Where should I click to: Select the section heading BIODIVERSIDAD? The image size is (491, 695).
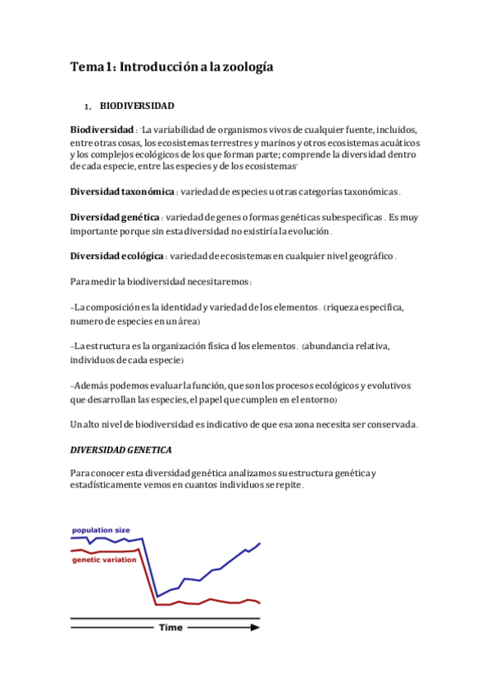(x=137, y=107)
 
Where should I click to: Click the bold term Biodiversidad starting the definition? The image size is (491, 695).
(x=102, y=130)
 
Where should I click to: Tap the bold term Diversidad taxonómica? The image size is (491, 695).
(x=122, y=192)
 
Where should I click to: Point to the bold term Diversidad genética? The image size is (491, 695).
(x=114, y=218)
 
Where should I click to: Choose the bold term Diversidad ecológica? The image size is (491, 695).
(x=116, y=257)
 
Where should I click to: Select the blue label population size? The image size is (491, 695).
(x=100, y=531)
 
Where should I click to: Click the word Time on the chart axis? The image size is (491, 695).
(x=170, y=628)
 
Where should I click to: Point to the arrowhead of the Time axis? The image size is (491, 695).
(x=256, y=628)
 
